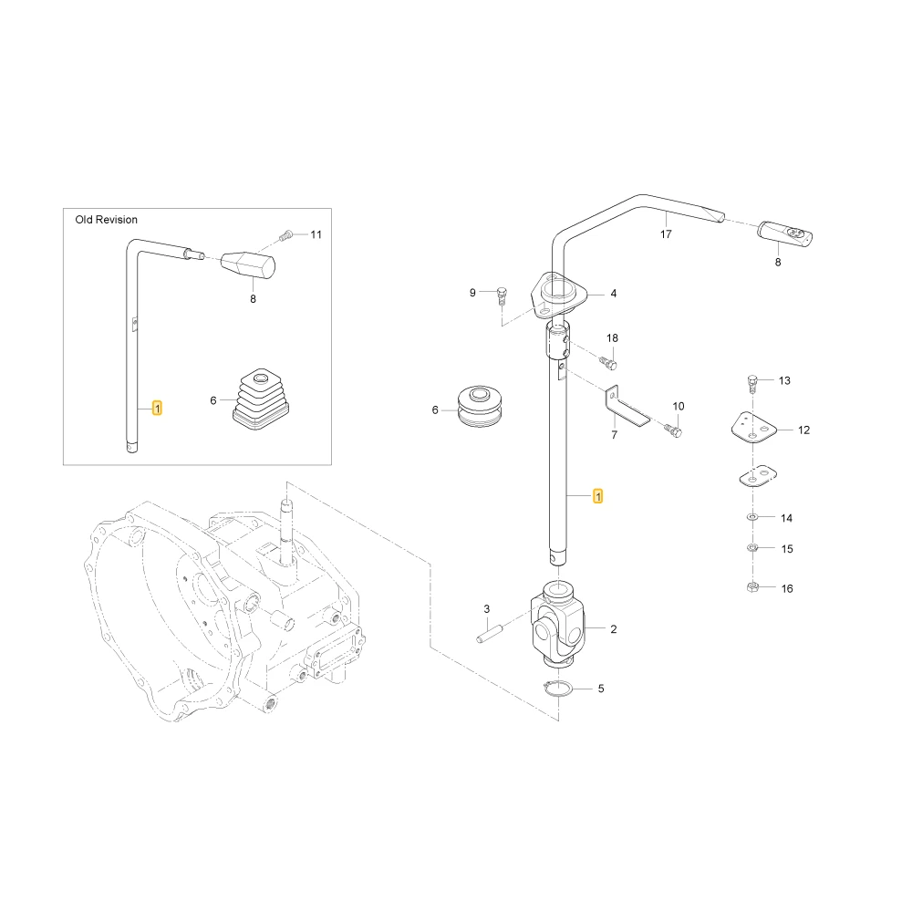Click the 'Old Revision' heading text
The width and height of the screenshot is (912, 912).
click(x=107, y=220)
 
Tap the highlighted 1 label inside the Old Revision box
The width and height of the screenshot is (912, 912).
click(x=157, y=409)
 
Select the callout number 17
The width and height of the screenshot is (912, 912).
click(x=666, y=233)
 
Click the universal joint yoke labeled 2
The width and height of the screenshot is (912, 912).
click(x=557, y=624)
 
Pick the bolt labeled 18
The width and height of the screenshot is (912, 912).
click(x=607, y=363)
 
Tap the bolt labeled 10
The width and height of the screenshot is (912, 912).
click(x=673, y=430)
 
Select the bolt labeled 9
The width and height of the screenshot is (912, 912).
click(x=502, y=295)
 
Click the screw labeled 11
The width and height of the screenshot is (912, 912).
click(x=285, y=235)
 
